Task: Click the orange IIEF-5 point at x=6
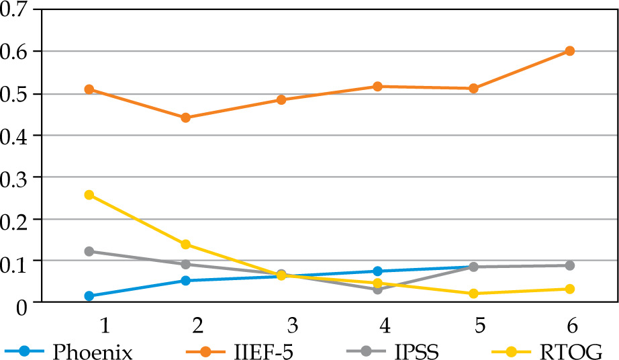(x=569, y=51)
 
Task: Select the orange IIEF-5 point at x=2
(x=186, y=118)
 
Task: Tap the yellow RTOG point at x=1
(x=89, y=195)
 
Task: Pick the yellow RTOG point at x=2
(x=186, y=244)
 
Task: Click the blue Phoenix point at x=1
(x=89, y=296)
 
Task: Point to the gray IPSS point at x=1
(x=89, y=251)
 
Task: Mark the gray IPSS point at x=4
(x=377, y=289)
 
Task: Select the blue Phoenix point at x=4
(x=377, y=271)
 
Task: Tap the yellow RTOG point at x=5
(x=473, y=294)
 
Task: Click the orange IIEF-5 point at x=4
(x=377, y=87)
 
